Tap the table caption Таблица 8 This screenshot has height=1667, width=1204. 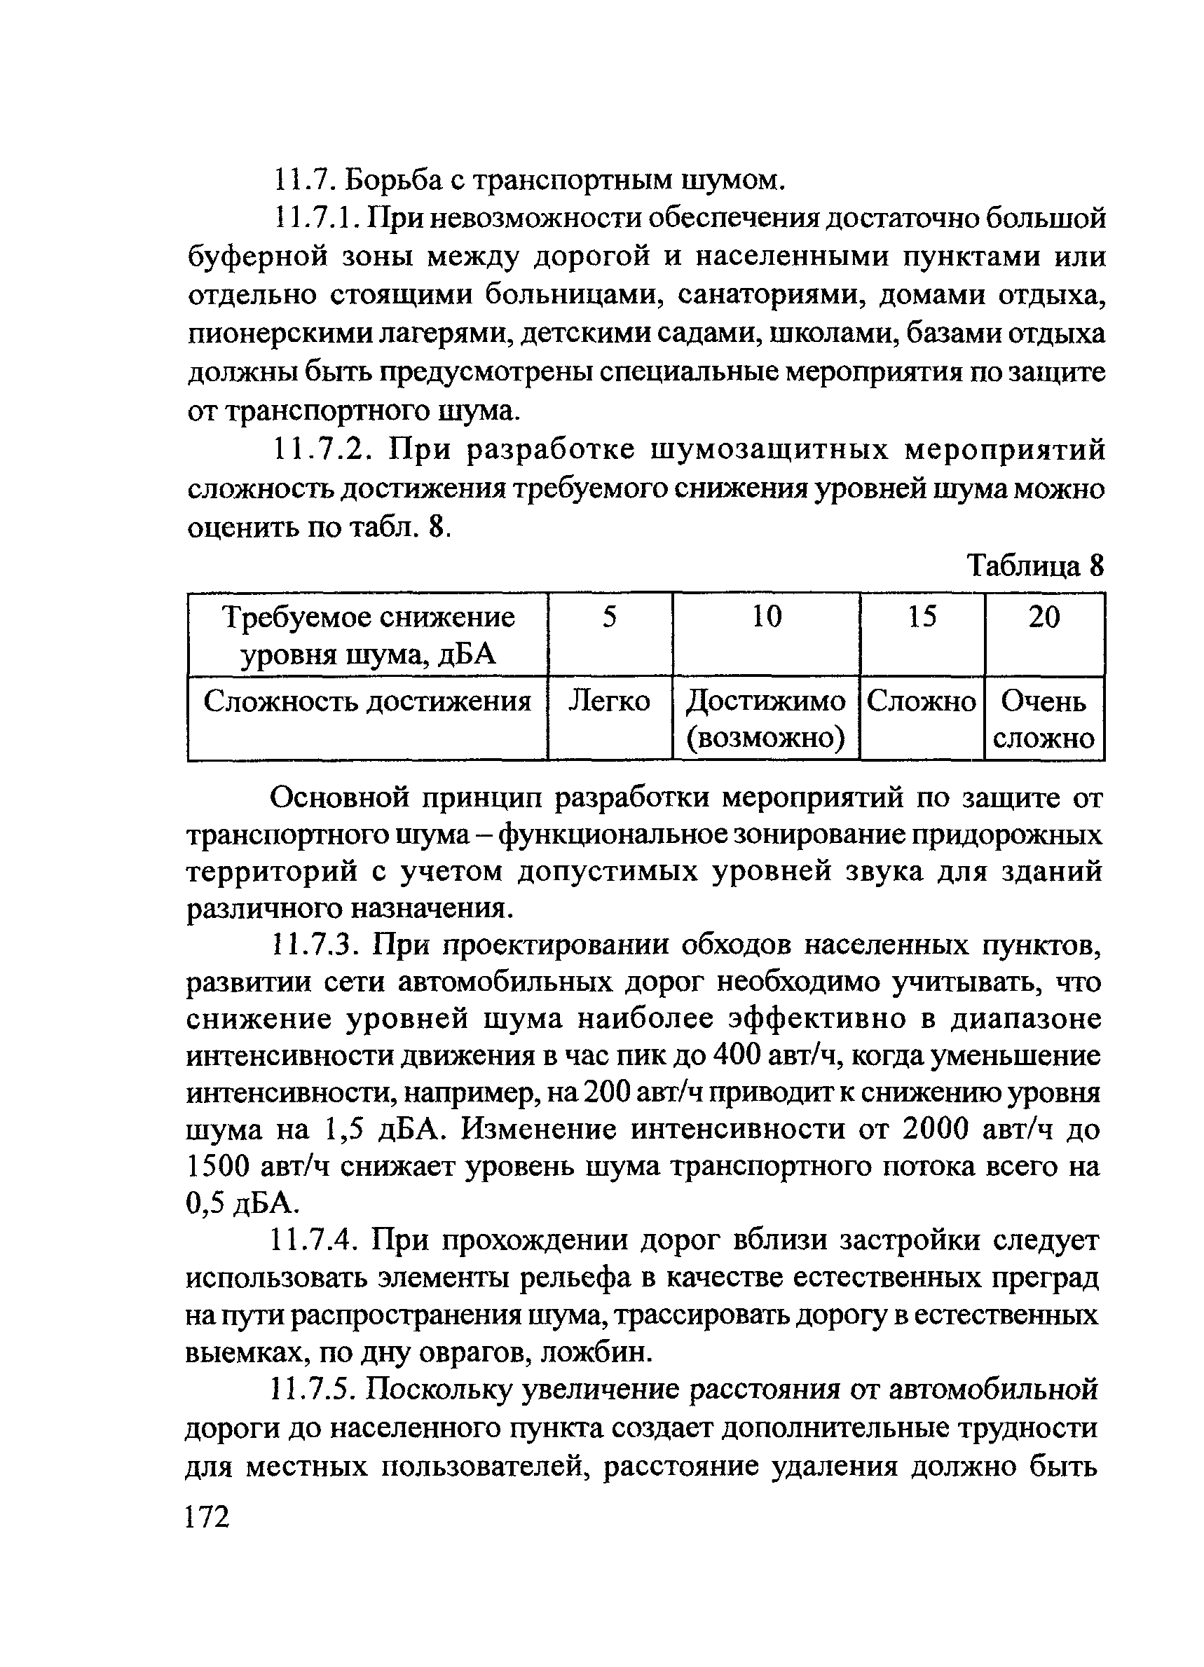(x=1035, y=566)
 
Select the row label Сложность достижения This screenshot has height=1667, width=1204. (x=367, y=701)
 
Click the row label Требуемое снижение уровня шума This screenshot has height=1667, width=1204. (x=368, y=635)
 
